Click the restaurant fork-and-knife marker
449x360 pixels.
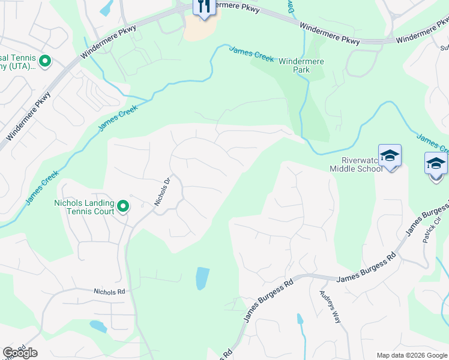click(204, 7)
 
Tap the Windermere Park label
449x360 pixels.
click(301, 65)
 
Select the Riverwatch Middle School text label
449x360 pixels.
click(356, 164)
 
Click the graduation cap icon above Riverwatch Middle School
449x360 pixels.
click(390, 155)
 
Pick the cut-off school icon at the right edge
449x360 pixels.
click(436, 163)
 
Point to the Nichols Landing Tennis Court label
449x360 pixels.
click(83, 207)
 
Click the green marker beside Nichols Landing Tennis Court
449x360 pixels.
click(123, 207)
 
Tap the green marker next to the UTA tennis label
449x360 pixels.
click(44, 61)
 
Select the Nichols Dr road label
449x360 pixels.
click(163, 191)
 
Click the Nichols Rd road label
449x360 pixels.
click(109, 292)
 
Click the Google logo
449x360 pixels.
click(20, 353)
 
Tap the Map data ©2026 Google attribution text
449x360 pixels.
click(412, 355)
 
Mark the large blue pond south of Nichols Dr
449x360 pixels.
click(203, 278)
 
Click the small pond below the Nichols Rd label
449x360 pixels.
click(98, 326)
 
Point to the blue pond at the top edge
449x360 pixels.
click(106, 8)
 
